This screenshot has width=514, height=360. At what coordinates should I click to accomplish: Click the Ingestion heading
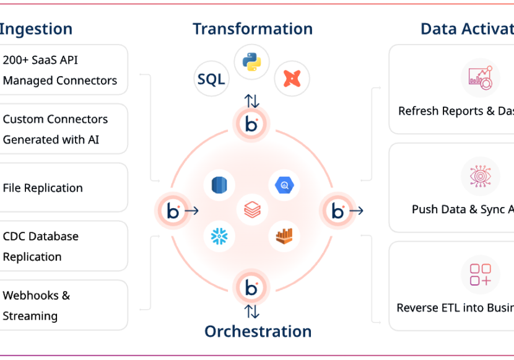(36, 29)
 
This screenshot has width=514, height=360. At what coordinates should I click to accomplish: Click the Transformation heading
(252, 29)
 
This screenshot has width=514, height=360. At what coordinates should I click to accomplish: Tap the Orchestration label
(258, 331)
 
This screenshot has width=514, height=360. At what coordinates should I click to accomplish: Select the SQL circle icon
(211, 79)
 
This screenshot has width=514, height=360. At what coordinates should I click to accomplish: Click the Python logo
(251, 62)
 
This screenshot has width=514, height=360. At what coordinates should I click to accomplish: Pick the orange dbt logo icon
(292, 79)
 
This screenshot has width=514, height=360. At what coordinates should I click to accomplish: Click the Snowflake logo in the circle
(220, 235)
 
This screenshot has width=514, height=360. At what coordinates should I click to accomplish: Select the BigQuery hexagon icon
(284, 185)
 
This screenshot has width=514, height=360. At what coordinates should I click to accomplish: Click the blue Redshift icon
(220, 185)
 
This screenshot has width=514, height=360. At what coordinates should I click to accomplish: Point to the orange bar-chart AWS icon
(284, 235)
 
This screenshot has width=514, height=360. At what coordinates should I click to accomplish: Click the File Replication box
(62, 188)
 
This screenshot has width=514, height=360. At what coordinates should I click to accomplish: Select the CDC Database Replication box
(62, 246)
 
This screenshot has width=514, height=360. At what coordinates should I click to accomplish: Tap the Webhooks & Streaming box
(62, 305)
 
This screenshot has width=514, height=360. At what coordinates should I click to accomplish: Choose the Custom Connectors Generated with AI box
(62, 129)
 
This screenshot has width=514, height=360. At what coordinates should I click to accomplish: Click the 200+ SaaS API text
(40, 60)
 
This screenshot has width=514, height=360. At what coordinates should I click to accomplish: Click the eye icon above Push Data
(480, 176)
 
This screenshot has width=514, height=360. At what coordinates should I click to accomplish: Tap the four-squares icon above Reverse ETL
(480, 274)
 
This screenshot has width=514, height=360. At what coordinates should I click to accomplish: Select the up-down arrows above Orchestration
(251, 311)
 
